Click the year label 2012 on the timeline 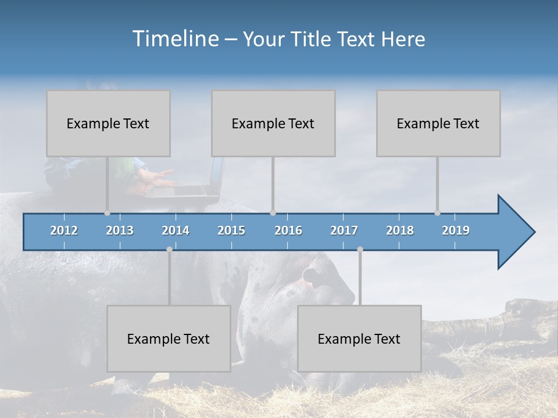(x=64, y=230)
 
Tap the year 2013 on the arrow (x=120, y=230)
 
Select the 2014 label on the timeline (x=176, y=230)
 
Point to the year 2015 (x=231, y=230)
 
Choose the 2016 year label (x=288, y=230)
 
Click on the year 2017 (x=344, y=230)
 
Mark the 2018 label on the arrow (x=400, y=230)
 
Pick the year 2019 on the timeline (x=456, y=230)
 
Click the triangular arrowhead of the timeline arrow (x=514, y=232)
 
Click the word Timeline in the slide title (x=175, y=39)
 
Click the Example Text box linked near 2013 (x=108, y=124)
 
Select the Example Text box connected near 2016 (x=273, y=124)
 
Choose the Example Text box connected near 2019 (x=438, y=124)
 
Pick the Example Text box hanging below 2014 (x=169, y=338)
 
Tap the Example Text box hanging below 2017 (x=359, y=338)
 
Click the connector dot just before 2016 (x=273, y=213)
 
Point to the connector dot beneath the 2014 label (x=169, y=249)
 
